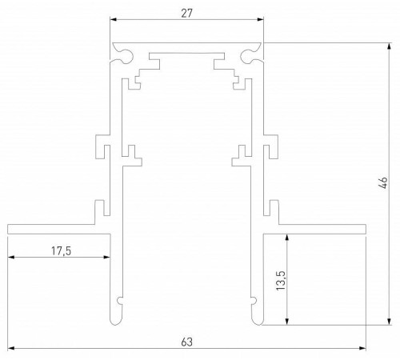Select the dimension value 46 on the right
[x=385, y=183]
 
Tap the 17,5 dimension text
[x=60, y=250]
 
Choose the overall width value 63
[x=186, y=342]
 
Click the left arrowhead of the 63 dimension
[x=12, y=349]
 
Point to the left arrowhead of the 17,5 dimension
[x=12, y=257]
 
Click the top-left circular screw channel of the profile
[x=124, y=56]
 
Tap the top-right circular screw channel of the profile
[x=250, y=56]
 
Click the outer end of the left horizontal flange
[x=10, y=230]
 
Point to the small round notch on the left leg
[x=120, y=302]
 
